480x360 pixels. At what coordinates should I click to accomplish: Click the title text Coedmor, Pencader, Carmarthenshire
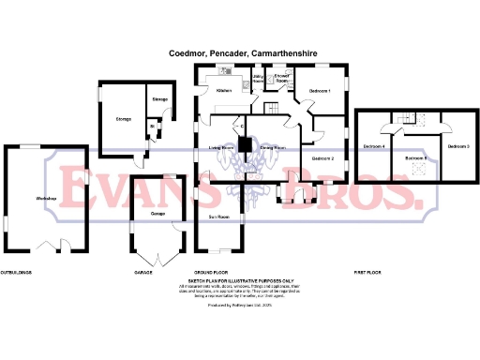(240, 55)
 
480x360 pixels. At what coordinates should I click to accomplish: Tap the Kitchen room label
(224, 91)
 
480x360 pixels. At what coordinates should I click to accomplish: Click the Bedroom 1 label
(321, 91)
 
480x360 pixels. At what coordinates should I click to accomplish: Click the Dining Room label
(273, 148)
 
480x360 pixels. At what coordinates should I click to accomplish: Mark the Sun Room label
(218, 217)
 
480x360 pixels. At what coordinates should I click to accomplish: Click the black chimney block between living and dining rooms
(245, 145)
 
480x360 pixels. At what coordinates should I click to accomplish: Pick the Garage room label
(157, 214)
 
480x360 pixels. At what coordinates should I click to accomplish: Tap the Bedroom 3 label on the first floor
(457, 147)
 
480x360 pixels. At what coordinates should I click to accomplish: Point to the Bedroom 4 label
(375, 147)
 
